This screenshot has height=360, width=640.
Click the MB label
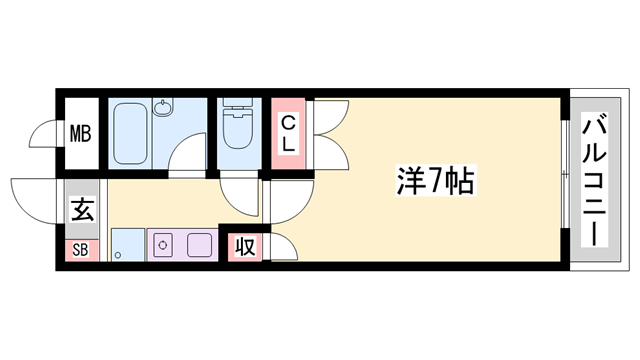80,133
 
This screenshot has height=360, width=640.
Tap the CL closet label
287,133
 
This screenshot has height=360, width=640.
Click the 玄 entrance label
82,211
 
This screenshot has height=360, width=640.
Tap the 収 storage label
244,246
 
